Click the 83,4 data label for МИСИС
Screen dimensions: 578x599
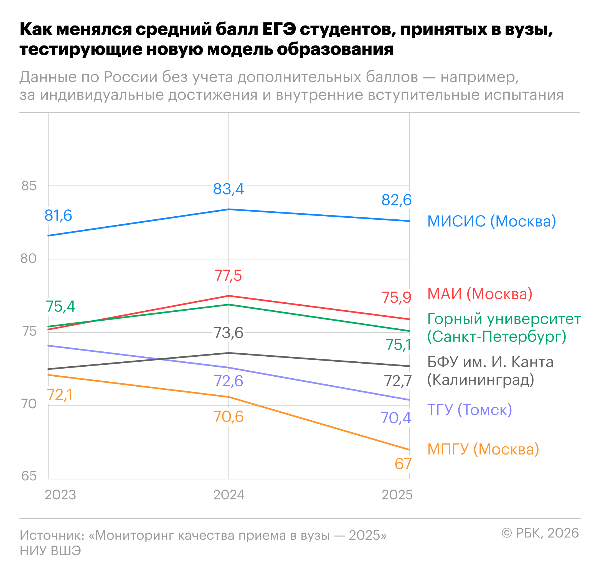229,189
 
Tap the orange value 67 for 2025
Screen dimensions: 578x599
403,464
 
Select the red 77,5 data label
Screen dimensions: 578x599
228,275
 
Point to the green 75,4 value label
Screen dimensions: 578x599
60,306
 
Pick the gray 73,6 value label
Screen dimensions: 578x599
228,333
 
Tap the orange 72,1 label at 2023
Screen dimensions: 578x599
60,395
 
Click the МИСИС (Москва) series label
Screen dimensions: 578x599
491,221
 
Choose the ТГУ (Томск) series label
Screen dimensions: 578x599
469,410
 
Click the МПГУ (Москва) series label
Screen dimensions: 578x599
483,449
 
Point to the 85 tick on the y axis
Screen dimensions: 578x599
29,186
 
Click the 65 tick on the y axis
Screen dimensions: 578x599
29,476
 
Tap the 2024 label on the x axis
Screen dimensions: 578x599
229,495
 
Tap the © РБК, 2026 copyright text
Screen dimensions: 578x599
540,533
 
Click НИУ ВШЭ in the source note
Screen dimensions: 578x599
50,551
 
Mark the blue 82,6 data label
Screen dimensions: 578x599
396,200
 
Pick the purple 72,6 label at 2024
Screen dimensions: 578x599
228,381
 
